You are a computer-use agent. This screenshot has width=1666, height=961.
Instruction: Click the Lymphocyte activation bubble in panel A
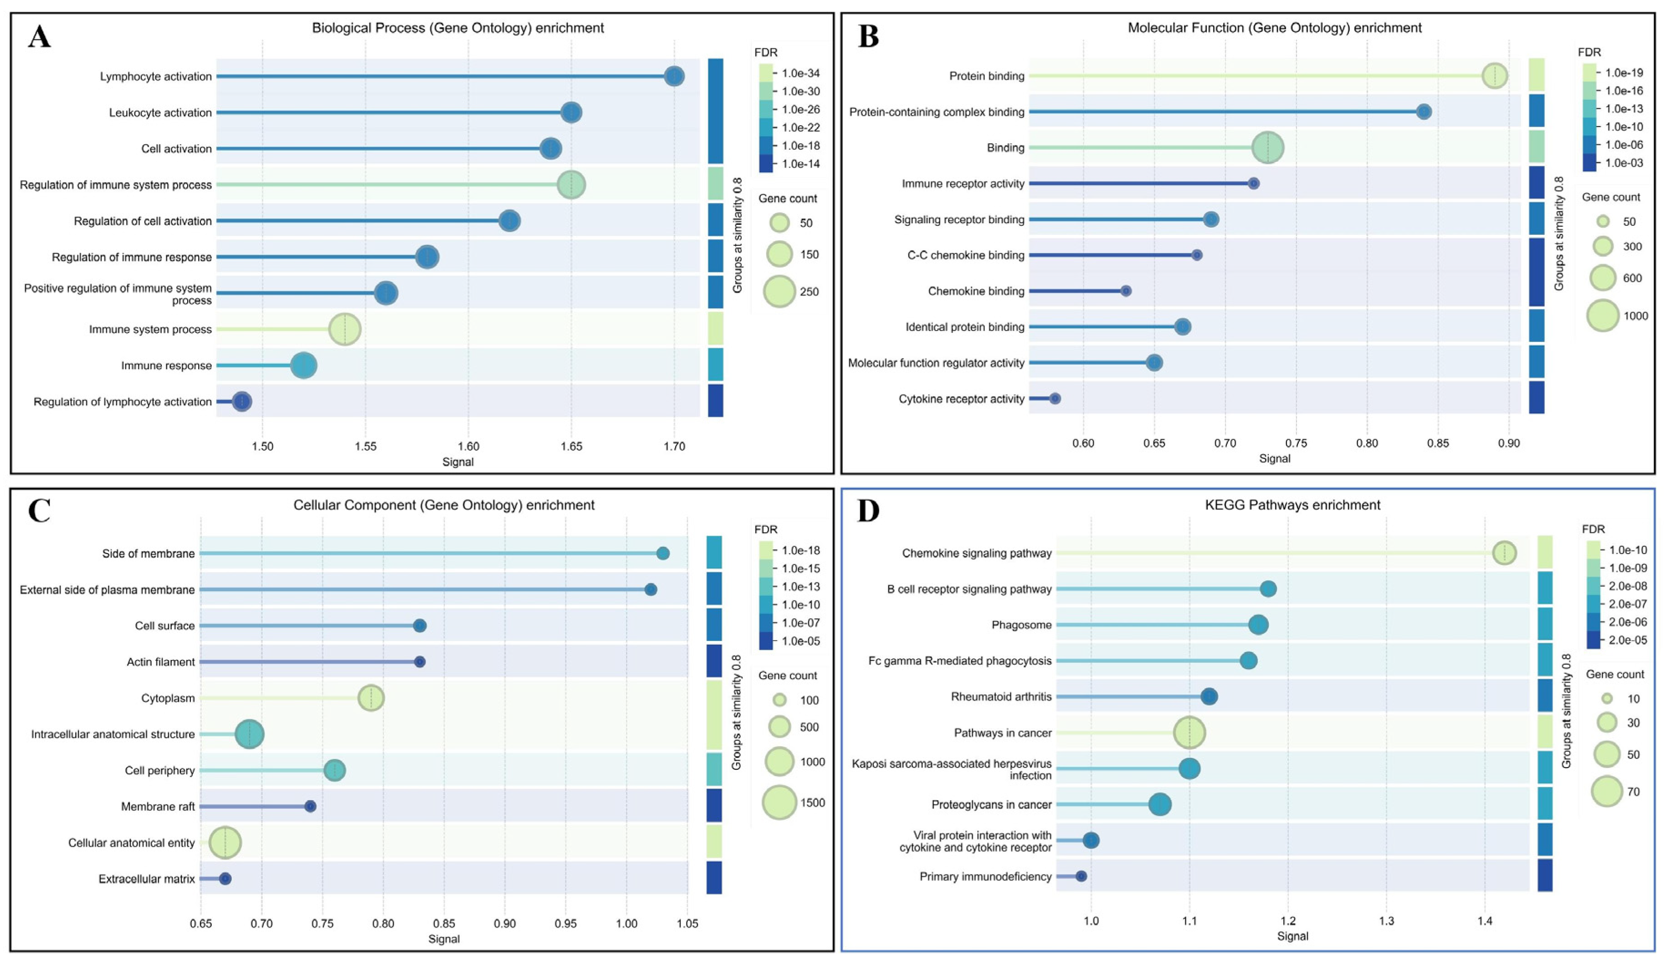(x=673, y=76)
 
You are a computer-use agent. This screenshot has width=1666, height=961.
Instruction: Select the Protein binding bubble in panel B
(x=1494, y=76)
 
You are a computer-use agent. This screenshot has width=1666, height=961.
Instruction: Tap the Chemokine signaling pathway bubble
(x=1504, y=553)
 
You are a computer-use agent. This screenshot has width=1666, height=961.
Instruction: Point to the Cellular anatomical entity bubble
(x=225, y=843)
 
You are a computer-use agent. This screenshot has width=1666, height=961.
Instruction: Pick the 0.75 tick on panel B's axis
(x=1296, y=443)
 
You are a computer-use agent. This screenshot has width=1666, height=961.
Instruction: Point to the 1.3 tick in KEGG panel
(x=1387, y=921)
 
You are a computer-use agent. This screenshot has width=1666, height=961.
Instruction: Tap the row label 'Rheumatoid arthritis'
(x=1001, y=697)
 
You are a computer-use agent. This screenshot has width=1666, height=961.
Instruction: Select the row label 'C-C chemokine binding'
(x=965, y=255)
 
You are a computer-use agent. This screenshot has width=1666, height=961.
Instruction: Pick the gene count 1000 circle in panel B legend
(x=1603, y=315)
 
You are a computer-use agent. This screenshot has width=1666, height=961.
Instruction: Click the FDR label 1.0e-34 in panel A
(x=800, y=73)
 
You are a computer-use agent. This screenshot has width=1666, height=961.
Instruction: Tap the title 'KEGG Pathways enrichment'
(x=1292, y=505)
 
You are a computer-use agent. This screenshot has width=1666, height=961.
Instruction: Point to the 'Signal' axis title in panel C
(x=444, y=939)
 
